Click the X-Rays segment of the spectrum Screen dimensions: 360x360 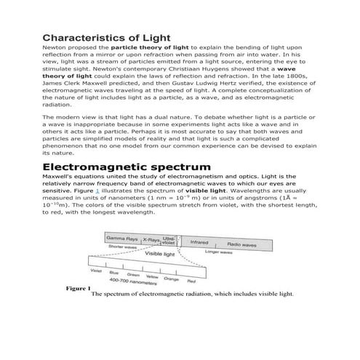pyautogui.click(x=151, y=239)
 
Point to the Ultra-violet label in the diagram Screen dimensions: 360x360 pyautogui.click(x=169, y=239)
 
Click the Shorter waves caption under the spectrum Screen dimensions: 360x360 pyautogui.click(x=122, y=247)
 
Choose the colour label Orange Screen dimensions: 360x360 pyautogui.click(x=172, y=279)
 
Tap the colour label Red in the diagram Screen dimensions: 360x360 pyautogui.click(x=191, y=281)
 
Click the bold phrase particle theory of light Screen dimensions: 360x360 pyautogui.click(x=141, y=47)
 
